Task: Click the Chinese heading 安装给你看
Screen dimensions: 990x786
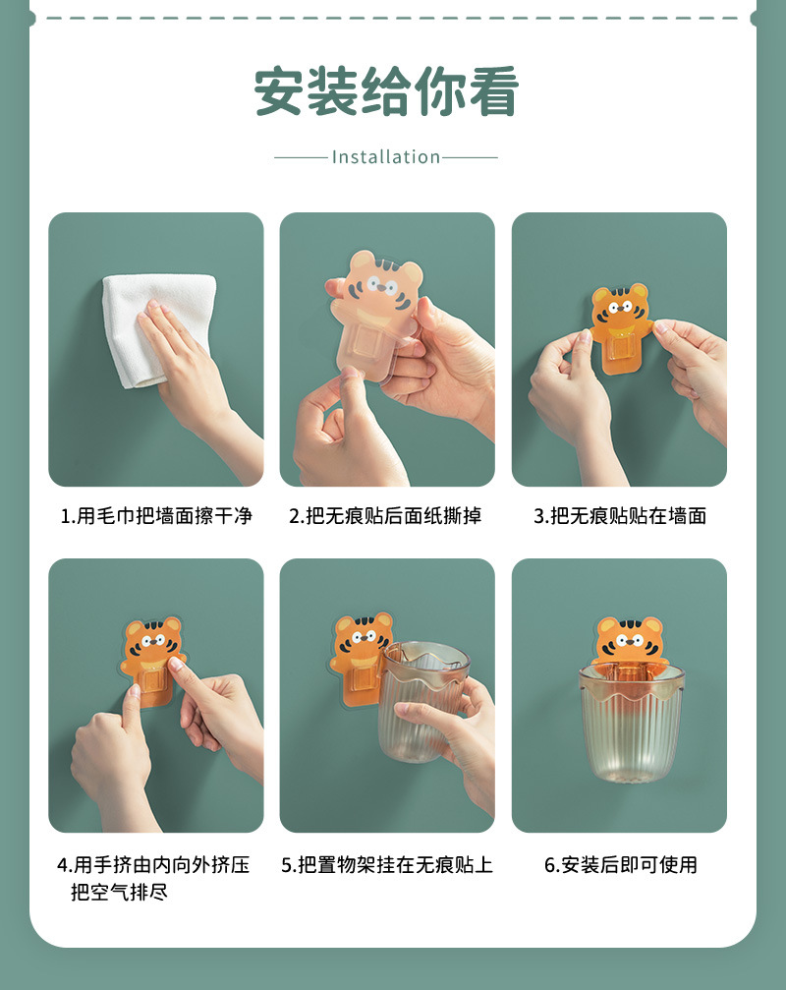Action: point(386,92)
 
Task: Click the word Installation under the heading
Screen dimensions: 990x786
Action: point(386,157)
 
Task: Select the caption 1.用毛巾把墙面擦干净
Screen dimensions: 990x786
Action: point(156,516)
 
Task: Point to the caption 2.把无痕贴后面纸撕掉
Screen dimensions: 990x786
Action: point(385,516)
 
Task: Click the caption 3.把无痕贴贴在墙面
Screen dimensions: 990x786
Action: point(620,516)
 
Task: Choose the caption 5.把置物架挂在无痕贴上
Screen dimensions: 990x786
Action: point(387,865)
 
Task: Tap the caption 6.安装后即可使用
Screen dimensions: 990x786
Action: point(621,865)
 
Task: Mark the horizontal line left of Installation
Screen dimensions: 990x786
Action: point(301,157)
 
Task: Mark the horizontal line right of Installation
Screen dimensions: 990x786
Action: point(470,157)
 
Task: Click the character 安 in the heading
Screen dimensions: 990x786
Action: point(278,92)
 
